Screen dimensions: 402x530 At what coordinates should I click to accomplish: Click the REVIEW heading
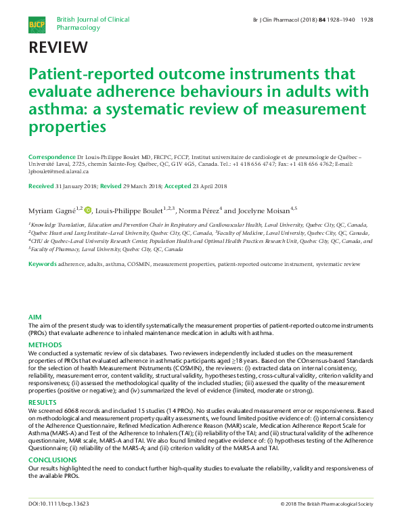pos(58,47)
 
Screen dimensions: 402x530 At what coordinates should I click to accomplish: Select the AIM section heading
pos(35,317)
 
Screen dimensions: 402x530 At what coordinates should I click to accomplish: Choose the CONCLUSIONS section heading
pos(53,459)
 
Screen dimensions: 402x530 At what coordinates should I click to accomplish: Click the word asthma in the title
pos(53,110)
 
